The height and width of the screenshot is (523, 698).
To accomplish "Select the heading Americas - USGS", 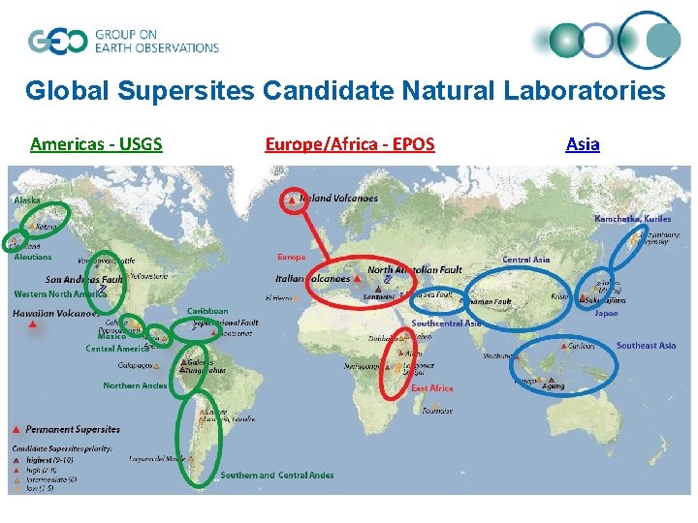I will coord(96,144).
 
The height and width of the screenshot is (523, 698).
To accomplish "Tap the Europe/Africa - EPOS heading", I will coord(350,144).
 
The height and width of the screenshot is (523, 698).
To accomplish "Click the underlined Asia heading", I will coord(582,144).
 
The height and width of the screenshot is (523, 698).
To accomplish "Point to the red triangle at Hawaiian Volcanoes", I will coord(33,325).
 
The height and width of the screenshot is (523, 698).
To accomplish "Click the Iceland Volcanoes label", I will coord(338,199).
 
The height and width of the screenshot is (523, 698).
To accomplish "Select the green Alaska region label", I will coord(27,200).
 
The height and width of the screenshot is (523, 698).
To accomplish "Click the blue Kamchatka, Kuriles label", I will coord(632,219).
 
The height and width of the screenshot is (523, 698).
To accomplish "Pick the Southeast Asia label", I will coord(646,346).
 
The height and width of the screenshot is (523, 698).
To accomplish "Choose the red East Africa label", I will coord(431,388).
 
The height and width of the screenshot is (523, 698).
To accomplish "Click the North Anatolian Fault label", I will coord(415,269).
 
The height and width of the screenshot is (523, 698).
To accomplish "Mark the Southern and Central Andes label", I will coord(276,476).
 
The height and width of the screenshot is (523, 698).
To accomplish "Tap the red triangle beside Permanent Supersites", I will coord(16,429).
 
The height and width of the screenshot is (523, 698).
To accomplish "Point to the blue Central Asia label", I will coord(525,260).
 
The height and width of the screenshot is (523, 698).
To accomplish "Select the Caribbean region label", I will coord(207,311).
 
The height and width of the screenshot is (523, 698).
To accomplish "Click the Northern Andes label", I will coord(135,385).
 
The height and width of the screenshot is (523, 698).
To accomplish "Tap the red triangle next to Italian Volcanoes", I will coord(359,280).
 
